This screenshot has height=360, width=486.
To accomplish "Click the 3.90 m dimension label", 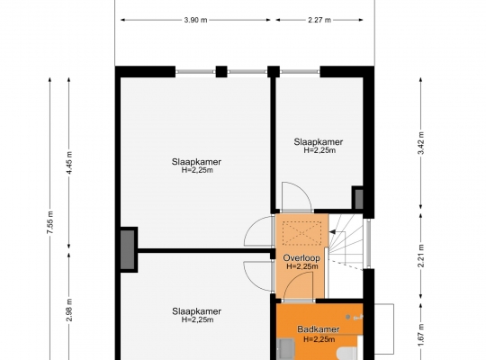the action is pyautogui.click(x=195, y=20).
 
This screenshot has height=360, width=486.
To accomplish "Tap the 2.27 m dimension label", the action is pyautogui.click(x=319, y=20).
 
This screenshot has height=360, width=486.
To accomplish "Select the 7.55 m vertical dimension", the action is pyautogui.click(x=50, y=222).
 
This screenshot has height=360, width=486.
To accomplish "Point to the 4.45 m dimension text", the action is pyautogui.click(x=69, y=163).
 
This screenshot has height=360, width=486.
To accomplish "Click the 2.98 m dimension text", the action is pyautogui.click(x=69, y=310).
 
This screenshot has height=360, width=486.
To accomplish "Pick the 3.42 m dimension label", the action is pyautogui.click(x=421, y=143).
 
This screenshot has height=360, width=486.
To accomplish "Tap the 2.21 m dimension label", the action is pyautogui.click(x=421, y=256).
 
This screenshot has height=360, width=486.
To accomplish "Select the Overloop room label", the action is pyautogui.click(x=301, y=258).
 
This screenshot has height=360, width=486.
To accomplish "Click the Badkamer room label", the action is pyautogui.click(x=319, y=329).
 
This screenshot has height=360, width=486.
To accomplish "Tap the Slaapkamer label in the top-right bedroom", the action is pyautogui.click(x=319, y=142).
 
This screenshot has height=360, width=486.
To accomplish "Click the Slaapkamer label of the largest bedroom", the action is pyautogui.click(x=196, y=162).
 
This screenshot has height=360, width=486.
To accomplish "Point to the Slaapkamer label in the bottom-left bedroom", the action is pyautogui.click(x=197, y=311).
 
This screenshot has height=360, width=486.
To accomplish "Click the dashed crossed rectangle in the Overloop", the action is pyautogui.click(x=301, y=233).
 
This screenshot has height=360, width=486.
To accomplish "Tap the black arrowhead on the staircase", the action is pyautogui.click(x=332, y=232).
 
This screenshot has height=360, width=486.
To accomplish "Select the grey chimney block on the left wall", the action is pyautogui.click(x=128, y=249).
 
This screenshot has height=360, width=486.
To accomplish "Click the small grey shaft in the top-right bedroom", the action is pyautogui.click(x=358, y=199).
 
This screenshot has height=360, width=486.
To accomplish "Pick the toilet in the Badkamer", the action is pyautogui.click(x=347, y=354).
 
